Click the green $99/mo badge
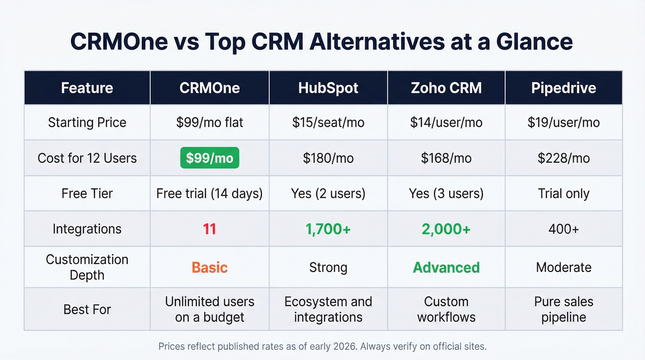[210, 158]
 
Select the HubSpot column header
[328, 88]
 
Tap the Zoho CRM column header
[446, 88]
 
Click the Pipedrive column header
[563, 88]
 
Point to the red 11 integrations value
[210, 229]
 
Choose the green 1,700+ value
[328, 229]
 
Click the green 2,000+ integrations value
[446, 229]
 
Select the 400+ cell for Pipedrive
[563, 229]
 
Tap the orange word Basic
[210, 267]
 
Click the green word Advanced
[446, 267]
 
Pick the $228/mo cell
[563, 158]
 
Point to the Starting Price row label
[87, 123]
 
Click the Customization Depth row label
[87, 267]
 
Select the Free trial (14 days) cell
[210, 194]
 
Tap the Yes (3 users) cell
[446, 194]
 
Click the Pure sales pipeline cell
[563, 309]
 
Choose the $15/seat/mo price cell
[328, 123]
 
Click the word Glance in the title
[534, 42]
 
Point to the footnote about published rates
[322, 346]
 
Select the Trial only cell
[563, 194]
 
